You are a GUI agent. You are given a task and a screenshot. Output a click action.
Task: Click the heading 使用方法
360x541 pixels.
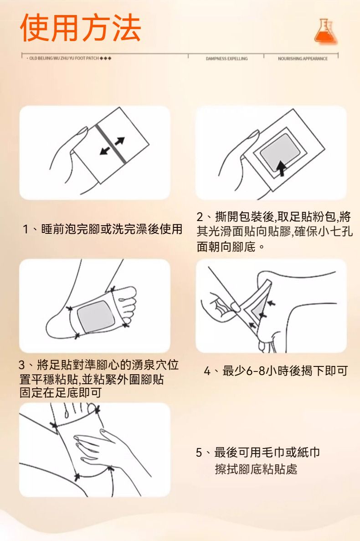(x=81, y=28)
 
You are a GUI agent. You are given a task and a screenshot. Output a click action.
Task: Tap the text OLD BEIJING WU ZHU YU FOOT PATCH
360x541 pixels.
(x=64, y=58)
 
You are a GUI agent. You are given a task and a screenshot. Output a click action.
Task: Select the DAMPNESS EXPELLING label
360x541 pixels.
(x=226, y=59)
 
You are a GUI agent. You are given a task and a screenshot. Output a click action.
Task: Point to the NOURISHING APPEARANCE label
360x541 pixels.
(x=303, y=59)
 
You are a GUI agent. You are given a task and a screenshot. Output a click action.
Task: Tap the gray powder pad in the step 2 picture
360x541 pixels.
(x=280, y=152)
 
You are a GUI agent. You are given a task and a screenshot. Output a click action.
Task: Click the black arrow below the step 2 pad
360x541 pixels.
(x=281, y=168)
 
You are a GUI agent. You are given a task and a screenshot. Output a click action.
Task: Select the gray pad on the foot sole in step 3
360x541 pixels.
(x=96, y=316)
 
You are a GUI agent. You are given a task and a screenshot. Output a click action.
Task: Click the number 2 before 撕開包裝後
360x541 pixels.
(x=200, y=217)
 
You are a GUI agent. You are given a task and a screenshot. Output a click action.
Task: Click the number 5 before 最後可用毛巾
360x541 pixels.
(x=199, y=452)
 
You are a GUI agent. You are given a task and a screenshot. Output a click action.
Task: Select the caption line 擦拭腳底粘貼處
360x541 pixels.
(x=256, y=469)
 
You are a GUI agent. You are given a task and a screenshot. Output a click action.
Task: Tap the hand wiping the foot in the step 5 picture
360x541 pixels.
(x=103, y=448)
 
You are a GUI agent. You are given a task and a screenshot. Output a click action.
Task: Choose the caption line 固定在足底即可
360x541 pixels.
(x=61, y=392)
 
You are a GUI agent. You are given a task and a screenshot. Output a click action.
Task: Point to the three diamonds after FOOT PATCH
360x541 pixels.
(x=106, y=58)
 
